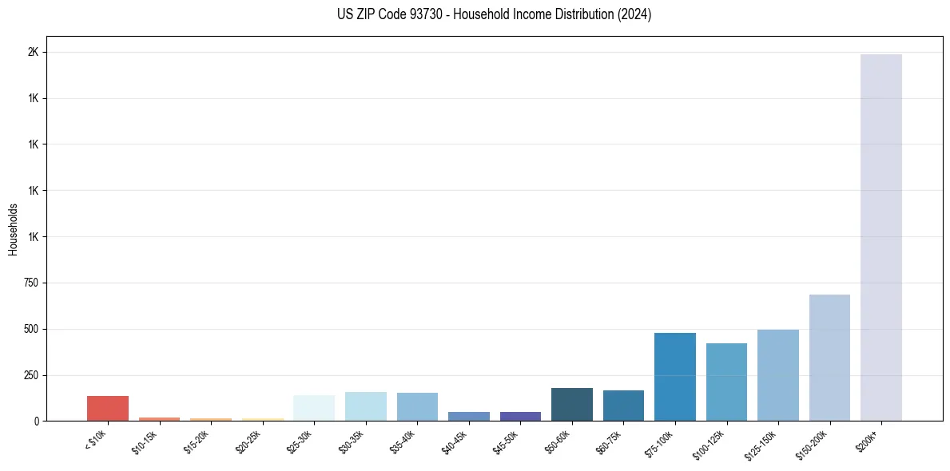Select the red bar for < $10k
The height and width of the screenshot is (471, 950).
pos(108,408)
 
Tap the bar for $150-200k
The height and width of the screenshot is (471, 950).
pos(829,358)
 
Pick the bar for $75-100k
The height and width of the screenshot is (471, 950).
pos(674,377)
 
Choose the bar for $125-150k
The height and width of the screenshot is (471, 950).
pos(777,375)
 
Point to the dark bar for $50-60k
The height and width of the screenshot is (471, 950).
pos(571,404)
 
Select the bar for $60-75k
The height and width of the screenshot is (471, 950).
pos(623,406)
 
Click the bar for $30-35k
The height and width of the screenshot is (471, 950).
pos(365,406)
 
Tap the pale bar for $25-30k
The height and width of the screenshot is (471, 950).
pos(314,408)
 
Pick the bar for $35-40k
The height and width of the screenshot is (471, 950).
pos(417,406)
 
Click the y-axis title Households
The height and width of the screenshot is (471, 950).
pos(13,229)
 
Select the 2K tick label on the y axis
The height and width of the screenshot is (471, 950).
pos(34,53)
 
